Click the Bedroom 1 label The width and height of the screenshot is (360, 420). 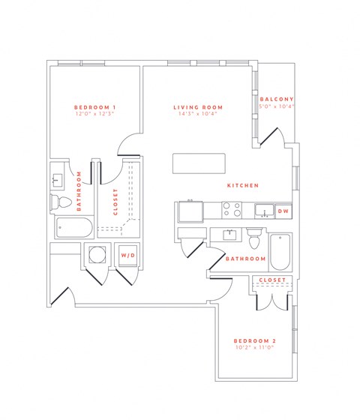(95, 106)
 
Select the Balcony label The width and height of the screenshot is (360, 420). (277, 100)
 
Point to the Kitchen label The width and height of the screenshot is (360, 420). (244, 185)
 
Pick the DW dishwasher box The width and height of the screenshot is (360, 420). (283, 211)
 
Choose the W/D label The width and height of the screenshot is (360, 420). (127, 255)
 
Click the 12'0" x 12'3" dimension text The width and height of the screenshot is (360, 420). (95, 114)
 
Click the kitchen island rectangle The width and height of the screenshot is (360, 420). (199, 163)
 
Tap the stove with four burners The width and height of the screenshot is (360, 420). (230, 210)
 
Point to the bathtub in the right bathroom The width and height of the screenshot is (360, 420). (280, 253)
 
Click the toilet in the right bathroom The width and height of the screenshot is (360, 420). (254, 238)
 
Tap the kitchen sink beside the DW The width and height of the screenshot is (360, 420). (264, 211)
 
